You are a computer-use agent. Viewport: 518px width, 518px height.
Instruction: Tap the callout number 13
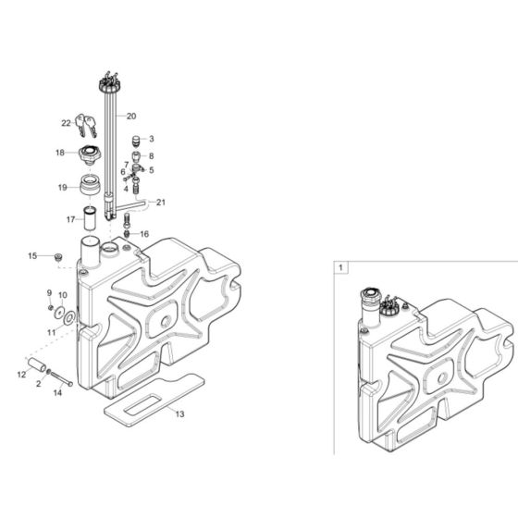pos(179,414)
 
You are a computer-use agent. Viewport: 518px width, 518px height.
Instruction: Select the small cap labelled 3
pos(137,141)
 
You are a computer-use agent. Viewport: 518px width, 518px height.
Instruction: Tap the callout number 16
pos(143,235)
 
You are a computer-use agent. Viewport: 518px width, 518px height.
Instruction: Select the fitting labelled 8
pos(137,158)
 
